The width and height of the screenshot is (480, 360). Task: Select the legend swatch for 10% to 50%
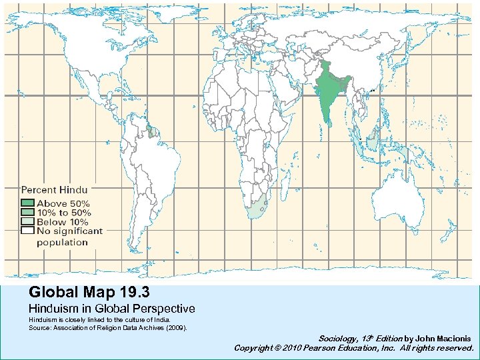pyautogui.click(x=27, y=213)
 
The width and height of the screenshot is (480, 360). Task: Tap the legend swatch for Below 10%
pyautogui.click(x=27, y=221)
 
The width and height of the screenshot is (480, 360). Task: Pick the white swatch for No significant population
pyautogui.click(x=27, y=231)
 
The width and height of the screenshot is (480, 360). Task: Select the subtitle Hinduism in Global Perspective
pyautogui.click(x=111, y=309)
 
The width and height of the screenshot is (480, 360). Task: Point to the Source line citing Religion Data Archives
pyautogui.click(x=107, y=328)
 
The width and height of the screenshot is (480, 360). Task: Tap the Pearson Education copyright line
pyautogui.click(x=353, y=348)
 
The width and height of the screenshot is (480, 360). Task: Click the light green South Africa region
pyautogui.click(x=257, y=209)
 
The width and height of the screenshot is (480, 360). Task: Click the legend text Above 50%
pyautogui.click(x=72, y=203)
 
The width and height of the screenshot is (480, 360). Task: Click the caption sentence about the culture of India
pyautogui.click(x=99, y=321)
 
